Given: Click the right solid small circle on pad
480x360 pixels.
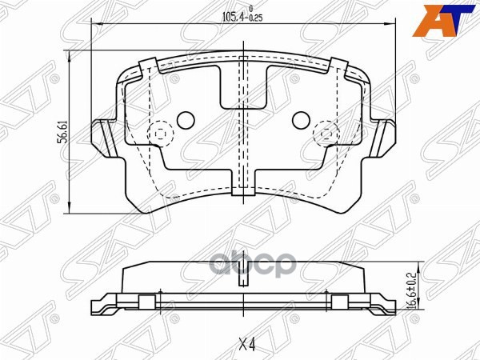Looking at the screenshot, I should tap(302, 120).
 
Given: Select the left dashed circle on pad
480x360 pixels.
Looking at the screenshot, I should tap(160, 133).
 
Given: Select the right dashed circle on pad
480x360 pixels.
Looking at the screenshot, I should tap(326, 133).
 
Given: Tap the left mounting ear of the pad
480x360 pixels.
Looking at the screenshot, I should tap(102, 135).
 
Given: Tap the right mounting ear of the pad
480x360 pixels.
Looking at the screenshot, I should tap(386, 135).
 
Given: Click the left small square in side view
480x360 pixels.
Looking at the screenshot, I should tap(146, 302).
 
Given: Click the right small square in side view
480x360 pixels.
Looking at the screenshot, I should tap(339, 302).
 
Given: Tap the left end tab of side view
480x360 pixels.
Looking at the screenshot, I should tap(100, 307).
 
